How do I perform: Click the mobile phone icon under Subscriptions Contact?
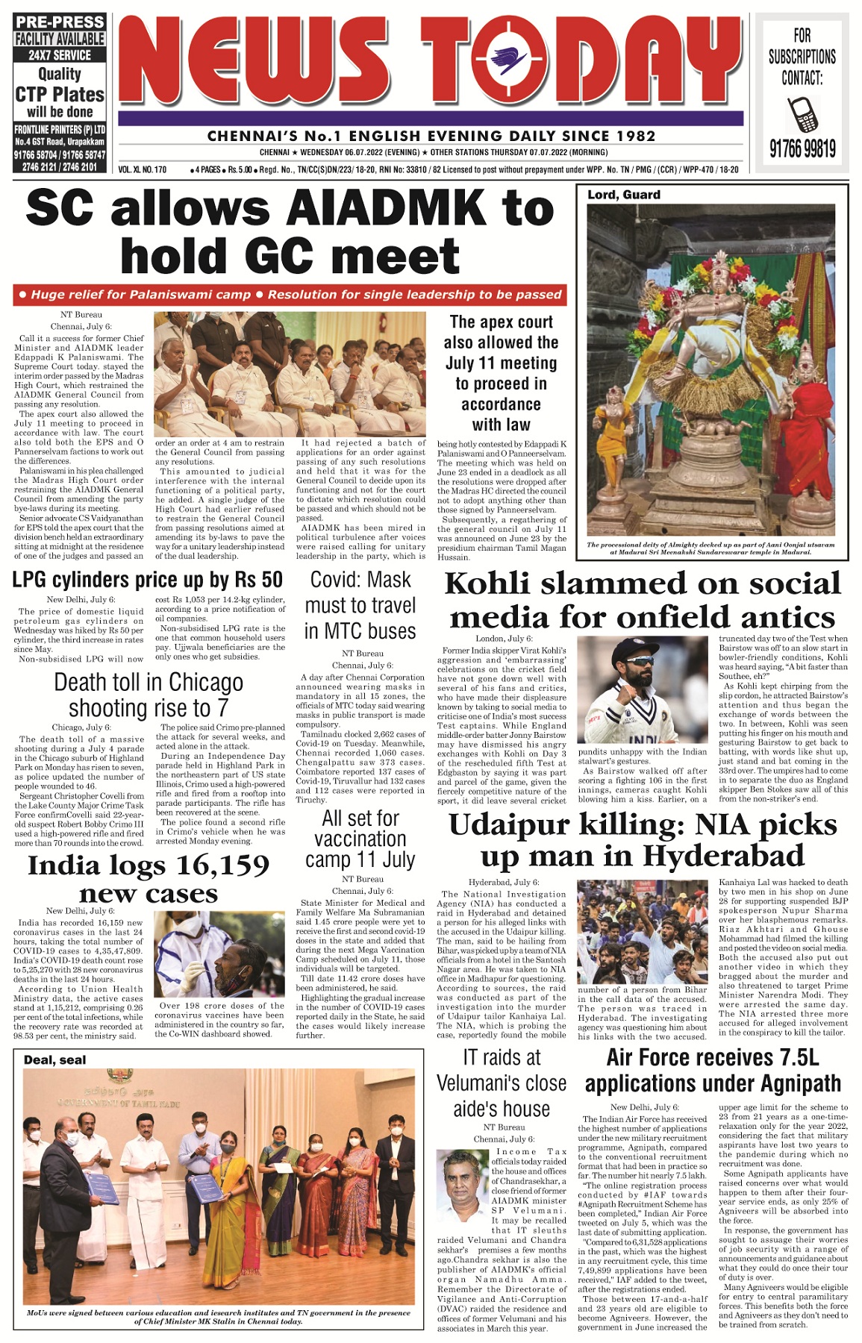(x=802, y=114)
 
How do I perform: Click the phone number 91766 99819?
(x=802, y=149)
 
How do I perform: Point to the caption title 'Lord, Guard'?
(x=624, y=195)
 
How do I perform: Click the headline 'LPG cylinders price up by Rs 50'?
(x=148, y=580)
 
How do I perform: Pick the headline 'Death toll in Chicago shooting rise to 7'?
(x=149, y=695)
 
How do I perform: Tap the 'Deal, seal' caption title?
(x=54, y=1060)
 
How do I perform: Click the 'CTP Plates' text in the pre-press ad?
(x=60, y=95)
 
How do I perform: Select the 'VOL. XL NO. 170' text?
(x=143, y=169)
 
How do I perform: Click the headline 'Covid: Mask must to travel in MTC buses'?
(x=360, y=605)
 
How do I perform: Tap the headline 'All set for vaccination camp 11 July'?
(x=360, y=839)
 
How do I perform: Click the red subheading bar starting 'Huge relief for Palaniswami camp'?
(x=289, y=295)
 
